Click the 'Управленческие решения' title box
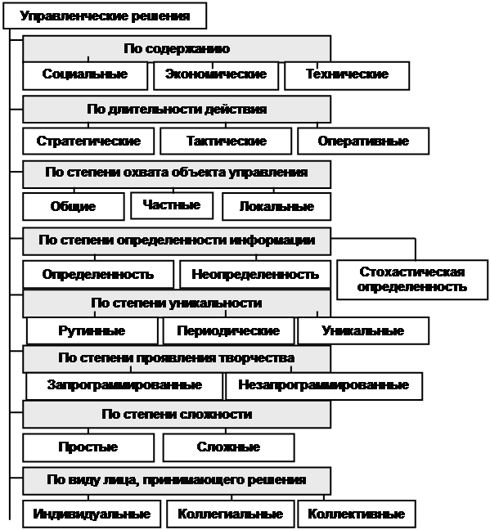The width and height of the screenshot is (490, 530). [x=105, y=16]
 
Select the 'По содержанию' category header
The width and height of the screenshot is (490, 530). [x=177, y=49]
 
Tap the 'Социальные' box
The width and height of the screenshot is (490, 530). [x=85, y=76]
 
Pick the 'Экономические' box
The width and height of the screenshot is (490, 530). [x=216, y=76]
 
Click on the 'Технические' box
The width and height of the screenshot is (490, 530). [x=347, y=76]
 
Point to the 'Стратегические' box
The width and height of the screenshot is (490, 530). [x=88, y=141]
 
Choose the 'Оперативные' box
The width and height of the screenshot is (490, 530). [x=363, y=141]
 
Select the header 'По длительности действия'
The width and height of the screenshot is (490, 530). [x=177, y=109]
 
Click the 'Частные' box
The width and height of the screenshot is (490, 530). [x=172, y=205]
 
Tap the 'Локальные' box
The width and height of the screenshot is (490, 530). [x=276, y=207]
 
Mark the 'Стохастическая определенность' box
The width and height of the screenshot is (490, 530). [x=412, y=280]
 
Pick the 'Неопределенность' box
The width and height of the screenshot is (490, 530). [x=255, y=274]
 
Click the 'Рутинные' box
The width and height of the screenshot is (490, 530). [x=92, y=330]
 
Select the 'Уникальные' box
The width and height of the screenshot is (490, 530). [x=363, y=330]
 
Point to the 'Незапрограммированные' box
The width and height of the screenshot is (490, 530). [x=324, y=386]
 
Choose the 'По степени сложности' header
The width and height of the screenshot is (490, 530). [x=177, y=415]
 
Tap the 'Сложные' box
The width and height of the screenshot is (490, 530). [x=228, y=447]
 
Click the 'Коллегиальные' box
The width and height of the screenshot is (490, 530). [x=231, y=514]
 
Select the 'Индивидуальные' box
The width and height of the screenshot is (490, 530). [x=92, y=514]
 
